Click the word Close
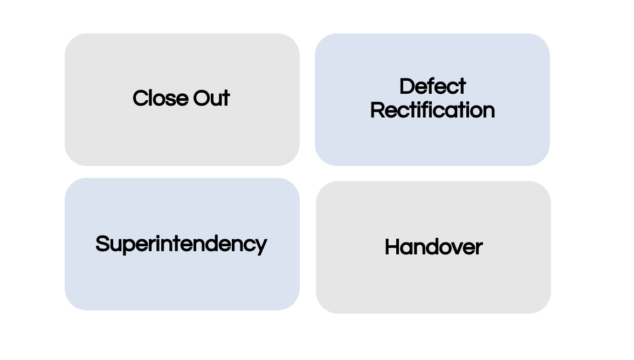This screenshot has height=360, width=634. tap(157, 99)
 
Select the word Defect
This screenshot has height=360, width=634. tap(432, 87)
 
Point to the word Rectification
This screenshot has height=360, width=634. tap(432, 110)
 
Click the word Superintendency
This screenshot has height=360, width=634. tap(181, 244)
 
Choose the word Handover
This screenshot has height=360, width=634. tap(433, 247)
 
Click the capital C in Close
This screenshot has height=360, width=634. tap(140, 99)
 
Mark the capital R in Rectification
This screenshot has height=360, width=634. tap(377, 110)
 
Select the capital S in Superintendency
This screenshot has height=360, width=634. tap(102, 244)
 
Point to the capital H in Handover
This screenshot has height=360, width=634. tap(392, 247)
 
